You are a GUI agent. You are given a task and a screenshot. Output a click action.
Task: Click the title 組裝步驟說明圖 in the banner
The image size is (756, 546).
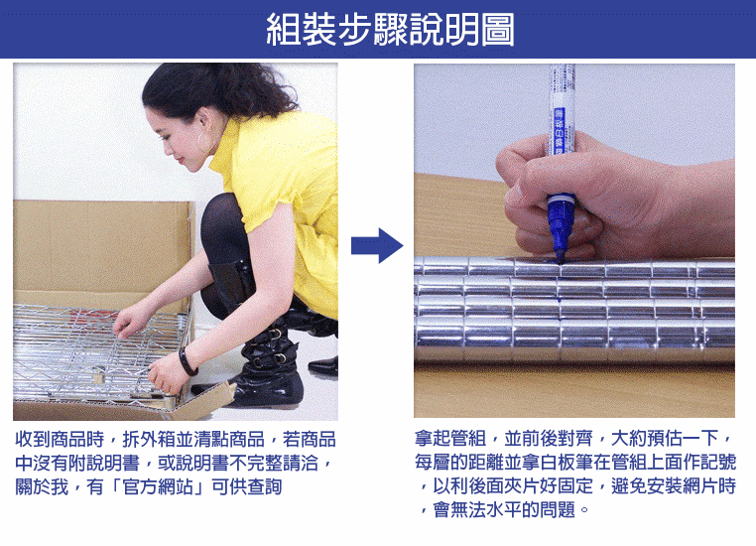pyautogui.click(x=390, y=30)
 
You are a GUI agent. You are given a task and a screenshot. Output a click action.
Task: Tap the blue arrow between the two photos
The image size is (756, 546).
pyautogui.click(x=377, y=245)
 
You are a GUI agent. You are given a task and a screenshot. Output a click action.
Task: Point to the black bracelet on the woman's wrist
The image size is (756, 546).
pyautogui.click(x=188, y=361)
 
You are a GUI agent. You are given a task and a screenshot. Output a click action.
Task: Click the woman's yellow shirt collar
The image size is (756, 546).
pyautogui.click(x=225, y=145)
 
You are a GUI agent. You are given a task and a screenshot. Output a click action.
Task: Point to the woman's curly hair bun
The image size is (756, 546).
pyautogui.click(x=251, y=86)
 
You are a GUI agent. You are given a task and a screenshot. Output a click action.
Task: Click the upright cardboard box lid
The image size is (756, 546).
pyautogui.click(x=103, y=246)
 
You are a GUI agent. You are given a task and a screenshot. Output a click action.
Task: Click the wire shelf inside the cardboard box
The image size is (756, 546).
pyautogui.click(x=96, y=352)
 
